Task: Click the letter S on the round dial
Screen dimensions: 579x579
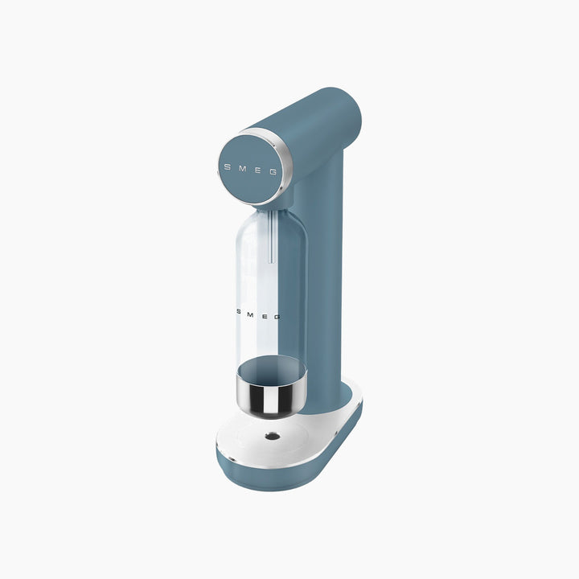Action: pyautogui.click(x=228, y=167)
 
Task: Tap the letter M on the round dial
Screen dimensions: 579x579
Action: pyautogui.click(x=242, y=168)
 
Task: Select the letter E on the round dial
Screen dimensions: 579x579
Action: pyautogui.click(x=258, y=170)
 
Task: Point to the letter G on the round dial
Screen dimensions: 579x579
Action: pyautogui.click(x=273, y=172)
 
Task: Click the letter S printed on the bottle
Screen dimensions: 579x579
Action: pyautogui.click(x=239, y=312)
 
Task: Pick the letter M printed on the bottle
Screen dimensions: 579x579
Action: pyautogui.click(x=250, y=314)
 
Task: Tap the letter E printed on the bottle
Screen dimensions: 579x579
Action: pyautogui.click(x=264, y=316)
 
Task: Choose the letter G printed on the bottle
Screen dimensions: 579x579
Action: pyautogui.click(x=277, y=317)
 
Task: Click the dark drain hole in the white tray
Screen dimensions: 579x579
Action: pyautogui.click(x=273, y=437)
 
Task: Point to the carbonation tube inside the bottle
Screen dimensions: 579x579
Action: pyautogui.click(x=272, y=236)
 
